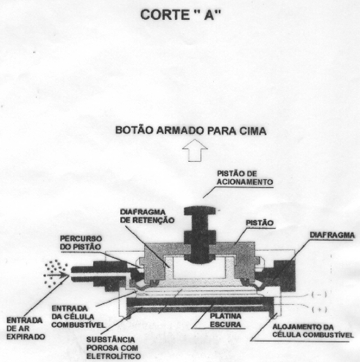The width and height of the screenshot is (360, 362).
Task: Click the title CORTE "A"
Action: (180, 15)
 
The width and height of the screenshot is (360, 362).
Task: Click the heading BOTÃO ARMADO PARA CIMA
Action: (191, 131)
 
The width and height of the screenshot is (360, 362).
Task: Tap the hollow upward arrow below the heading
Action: (195, 150)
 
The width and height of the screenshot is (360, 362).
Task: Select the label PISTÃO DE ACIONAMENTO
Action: (245, 178)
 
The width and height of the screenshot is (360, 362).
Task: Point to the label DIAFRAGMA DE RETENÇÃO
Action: (147, 216)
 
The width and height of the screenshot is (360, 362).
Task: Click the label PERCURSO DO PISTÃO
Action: (81, 242)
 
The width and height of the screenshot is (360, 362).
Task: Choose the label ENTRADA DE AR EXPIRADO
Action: (25, 329)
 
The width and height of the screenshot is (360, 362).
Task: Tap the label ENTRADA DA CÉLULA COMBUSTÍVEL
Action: (78, 317)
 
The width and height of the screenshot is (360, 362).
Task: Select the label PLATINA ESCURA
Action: (225, 320)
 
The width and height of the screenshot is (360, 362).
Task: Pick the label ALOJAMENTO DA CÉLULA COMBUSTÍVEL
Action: (313, 331)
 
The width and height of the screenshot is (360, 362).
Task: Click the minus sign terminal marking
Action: (319, 295)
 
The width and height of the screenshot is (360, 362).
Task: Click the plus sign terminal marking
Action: (319, 310)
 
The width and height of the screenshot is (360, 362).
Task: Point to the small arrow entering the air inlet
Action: (57, 275)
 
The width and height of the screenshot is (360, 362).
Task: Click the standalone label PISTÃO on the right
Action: (260, 223)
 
